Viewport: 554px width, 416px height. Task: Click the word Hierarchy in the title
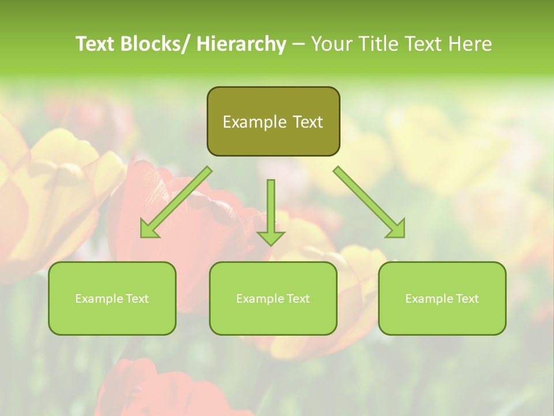click(241, 44)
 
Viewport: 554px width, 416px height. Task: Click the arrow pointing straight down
click(271, 208)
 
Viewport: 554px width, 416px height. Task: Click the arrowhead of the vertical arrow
click(271, 237)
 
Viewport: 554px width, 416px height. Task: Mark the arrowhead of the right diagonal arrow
click(396, 229)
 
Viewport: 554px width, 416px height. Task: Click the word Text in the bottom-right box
click(467, 299)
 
